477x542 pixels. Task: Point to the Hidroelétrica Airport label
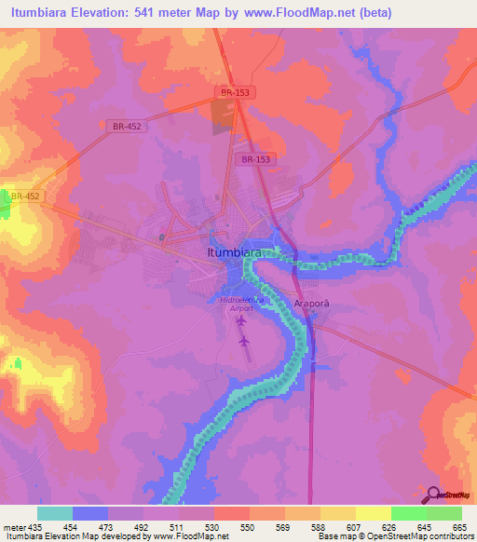[x=241, y=304]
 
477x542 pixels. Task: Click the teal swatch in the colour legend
[x=55, y=513]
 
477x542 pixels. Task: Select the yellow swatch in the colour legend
[x=373, y=513]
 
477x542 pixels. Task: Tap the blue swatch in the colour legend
[x=90, y=513]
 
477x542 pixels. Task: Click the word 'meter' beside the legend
[x=13, y=527]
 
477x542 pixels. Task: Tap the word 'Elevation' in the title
[x=106, y=13]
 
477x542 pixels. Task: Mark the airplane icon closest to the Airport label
[x=243, y=321]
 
